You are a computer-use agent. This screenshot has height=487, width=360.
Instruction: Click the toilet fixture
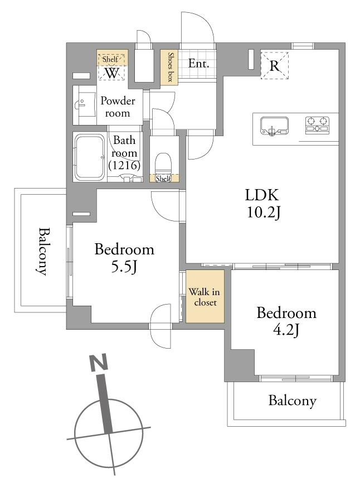point(163,163)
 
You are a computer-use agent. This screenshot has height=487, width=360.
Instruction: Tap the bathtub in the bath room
point(90,157)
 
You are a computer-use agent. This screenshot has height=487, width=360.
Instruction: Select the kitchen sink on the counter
point(274,126)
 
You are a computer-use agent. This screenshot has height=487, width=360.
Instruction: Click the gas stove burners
point(317,125)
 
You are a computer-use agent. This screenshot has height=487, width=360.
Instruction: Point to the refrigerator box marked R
point(275,65)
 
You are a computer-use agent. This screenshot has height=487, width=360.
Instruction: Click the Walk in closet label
point(205,297)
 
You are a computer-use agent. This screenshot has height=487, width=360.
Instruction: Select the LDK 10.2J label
point(262,204)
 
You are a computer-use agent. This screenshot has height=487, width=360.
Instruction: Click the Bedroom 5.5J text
point(124,258)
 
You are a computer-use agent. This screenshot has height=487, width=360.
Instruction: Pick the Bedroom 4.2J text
point(286,321)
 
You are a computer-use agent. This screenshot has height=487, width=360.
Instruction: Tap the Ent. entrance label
point(198,64)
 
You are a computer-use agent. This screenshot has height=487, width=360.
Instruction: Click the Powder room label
point(118,107)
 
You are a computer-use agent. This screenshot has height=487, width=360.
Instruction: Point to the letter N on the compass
point(99,363)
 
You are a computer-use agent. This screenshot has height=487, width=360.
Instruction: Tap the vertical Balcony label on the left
point(44,252)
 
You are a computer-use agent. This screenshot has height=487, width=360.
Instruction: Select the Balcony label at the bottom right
point(293,401)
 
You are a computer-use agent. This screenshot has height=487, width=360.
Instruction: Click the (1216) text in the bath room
point(124,165)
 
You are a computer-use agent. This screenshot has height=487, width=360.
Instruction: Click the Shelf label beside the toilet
point(163,179)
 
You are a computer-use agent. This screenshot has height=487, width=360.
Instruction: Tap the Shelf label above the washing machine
point(110,59)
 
